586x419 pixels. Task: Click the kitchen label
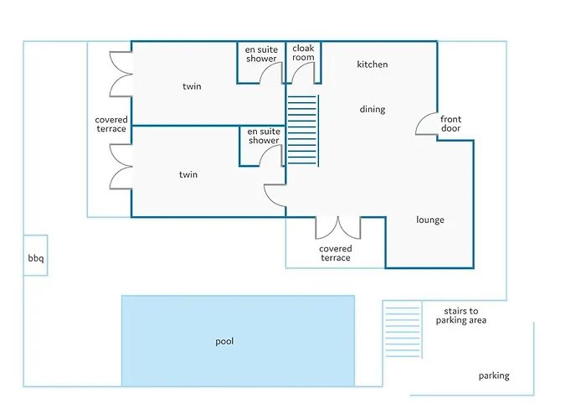(373, 65)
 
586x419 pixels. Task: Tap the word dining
(373, 109)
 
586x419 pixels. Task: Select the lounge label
(430, 220)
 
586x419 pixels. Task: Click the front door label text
(450, 124)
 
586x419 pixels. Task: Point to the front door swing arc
(420, 119)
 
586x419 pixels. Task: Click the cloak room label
(303, 53)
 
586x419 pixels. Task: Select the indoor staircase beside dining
(302, 131)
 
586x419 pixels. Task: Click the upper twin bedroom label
(192, 86)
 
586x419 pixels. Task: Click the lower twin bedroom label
(188, 174)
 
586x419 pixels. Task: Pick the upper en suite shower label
(261, 54)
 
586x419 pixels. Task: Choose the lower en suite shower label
(264, 136)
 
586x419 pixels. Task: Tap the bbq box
(35, 256)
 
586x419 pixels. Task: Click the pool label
(224, 342)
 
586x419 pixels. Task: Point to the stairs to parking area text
(461, 316)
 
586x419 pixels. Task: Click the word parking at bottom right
(494, 376)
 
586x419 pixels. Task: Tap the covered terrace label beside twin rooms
(111, 124)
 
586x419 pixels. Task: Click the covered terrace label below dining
(336, 253)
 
